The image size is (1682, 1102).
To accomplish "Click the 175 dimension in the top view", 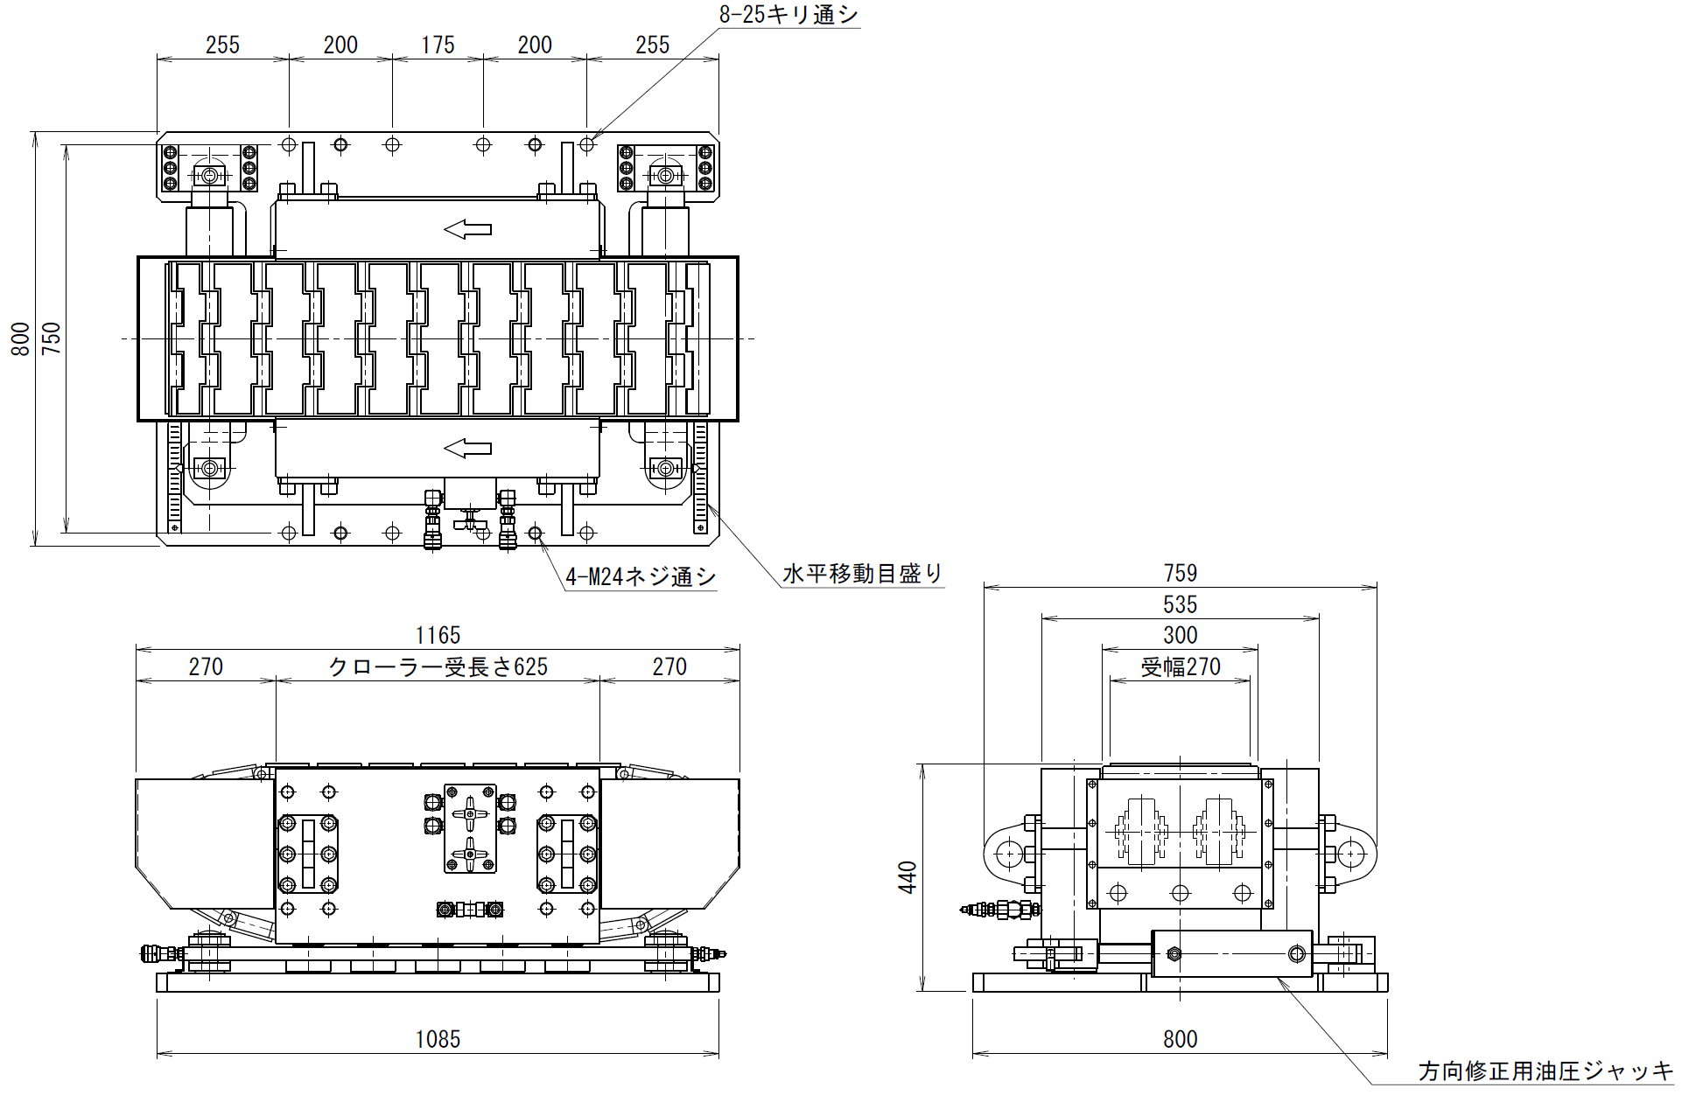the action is coord(438,45).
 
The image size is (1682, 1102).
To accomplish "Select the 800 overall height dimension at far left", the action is coord(20,339).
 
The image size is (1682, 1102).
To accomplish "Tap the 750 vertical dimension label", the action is coord(52,338).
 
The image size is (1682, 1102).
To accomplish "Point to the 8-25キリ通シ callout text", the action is coord(788,14).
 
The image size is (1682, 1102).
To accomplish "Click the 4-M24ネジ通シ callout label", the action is coord(641,576).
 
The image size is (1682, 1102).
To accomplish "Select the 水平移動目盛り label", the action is coord(863,574).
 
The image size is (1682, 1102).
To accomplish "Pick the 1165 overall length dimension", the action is coord(438,635).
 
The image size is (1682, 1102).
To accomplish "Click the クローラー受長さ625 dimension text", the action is coord(438,666).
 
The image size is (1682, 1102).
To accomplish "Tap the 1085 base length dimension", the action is coord(438,1039).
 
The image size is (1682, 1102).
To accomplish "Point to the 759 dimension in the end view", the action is coord(1180,573).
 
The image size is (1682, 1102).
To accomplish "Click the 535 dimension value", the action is coord(1180,604).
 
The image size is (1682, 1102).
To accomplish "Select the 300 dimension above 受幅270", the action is coord(1180,635).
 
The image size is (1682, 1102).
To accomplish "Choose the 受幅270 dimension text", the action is coord(1180,667).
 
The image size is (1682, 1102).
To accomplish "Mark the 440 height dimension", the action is coord(908,877).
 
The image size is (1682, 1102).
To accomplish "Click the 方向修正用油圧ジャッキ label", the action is coord(1545,1071).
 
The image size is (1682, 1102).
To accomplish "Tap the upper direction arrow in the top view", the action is coord(467,229).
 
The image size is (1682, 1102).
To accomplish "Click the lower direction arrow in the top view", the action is coord(467,449).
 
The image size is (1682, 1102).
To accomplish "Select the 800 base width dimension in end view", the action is coord(1180,1039).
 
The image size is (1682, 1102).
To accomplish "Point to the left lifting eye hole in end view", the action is coord(1009,852).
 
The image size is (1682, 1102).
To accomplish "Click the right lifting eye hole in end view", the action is coord(1351,852).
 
